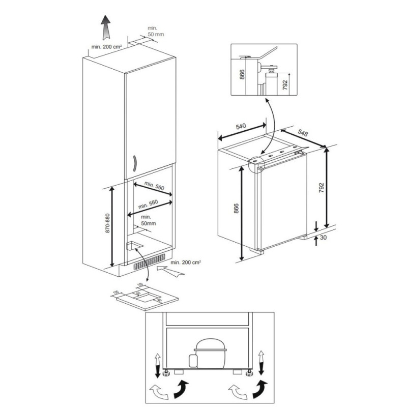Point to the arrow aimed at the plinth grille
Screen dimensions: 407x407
(171, 269)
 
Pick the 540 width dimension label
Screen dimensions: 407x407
(241, 126)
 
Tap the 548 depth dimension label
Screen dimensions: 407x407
(302, 134)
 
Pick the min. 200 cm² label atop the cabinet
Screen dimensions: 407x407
(107, 47)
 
